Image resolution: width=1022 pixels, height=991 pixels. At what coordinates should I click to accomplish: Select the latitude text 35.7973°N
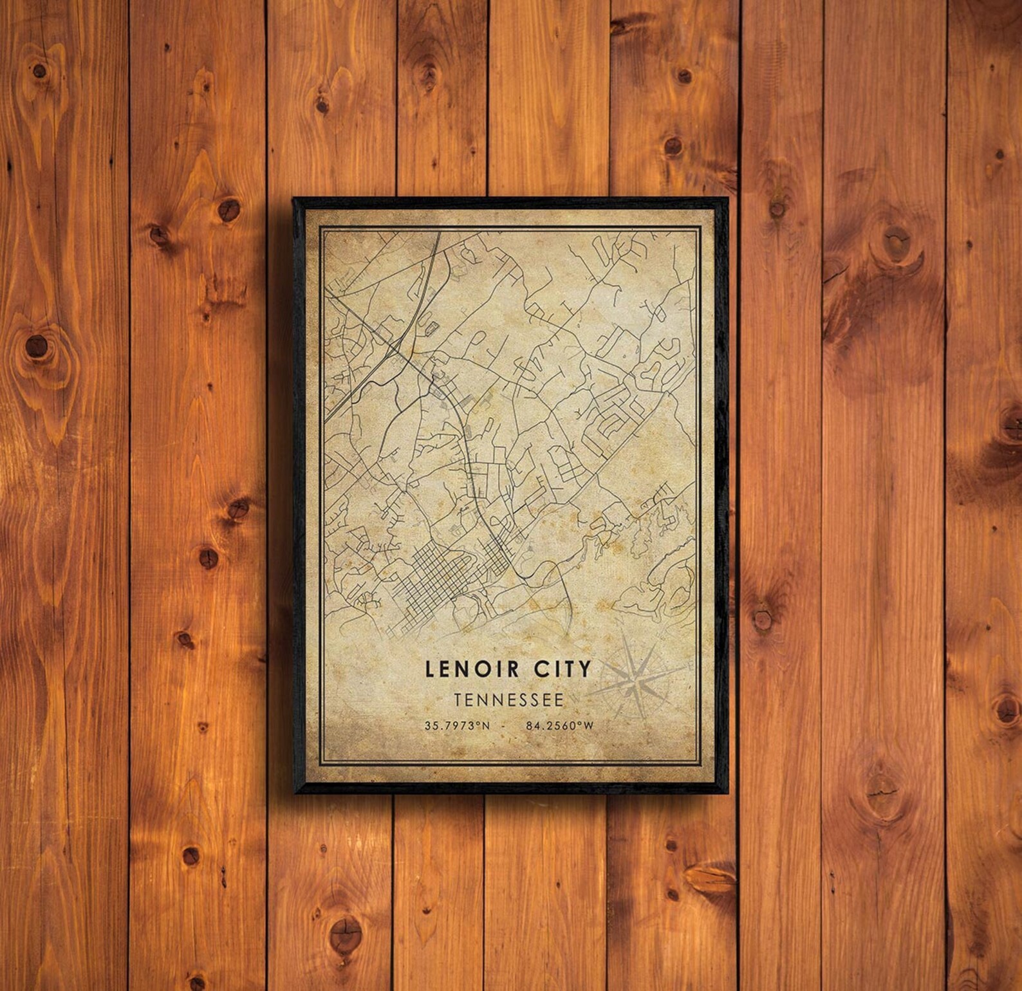coord(457,725)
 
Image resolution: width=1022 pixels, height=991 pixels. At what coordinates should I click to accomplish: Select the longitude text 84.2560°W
coord(559,725)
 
